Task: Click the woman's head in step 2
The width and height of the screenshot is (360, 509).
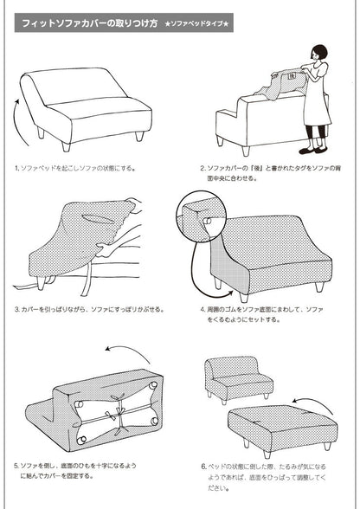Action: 319,53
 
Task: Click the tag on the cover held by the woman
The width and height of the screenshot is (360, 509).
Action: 292,76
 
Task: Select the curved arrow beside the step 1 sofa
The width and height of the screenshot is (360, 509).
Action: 20,122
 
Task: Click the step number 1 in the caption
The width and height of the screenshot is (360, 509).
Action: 16,169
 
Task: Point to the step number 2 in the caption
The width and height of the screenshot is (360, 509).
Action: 202,169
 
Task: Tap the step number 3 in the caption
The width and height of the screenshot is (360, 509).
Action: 16,309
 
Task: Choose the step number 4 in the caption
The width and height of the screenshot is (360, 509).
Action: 202,309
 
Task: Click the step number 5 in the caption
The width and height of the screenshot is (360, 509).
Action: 16,466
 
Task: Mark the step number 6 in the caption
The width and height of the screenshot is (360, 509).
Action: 203,467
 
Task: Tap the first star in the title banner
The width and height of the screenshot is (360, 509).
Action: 168,23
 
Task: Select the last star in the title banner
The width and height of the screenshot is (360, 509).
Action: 226,23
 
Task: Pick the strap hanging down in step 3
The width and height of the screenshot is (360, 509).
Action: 87,279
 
